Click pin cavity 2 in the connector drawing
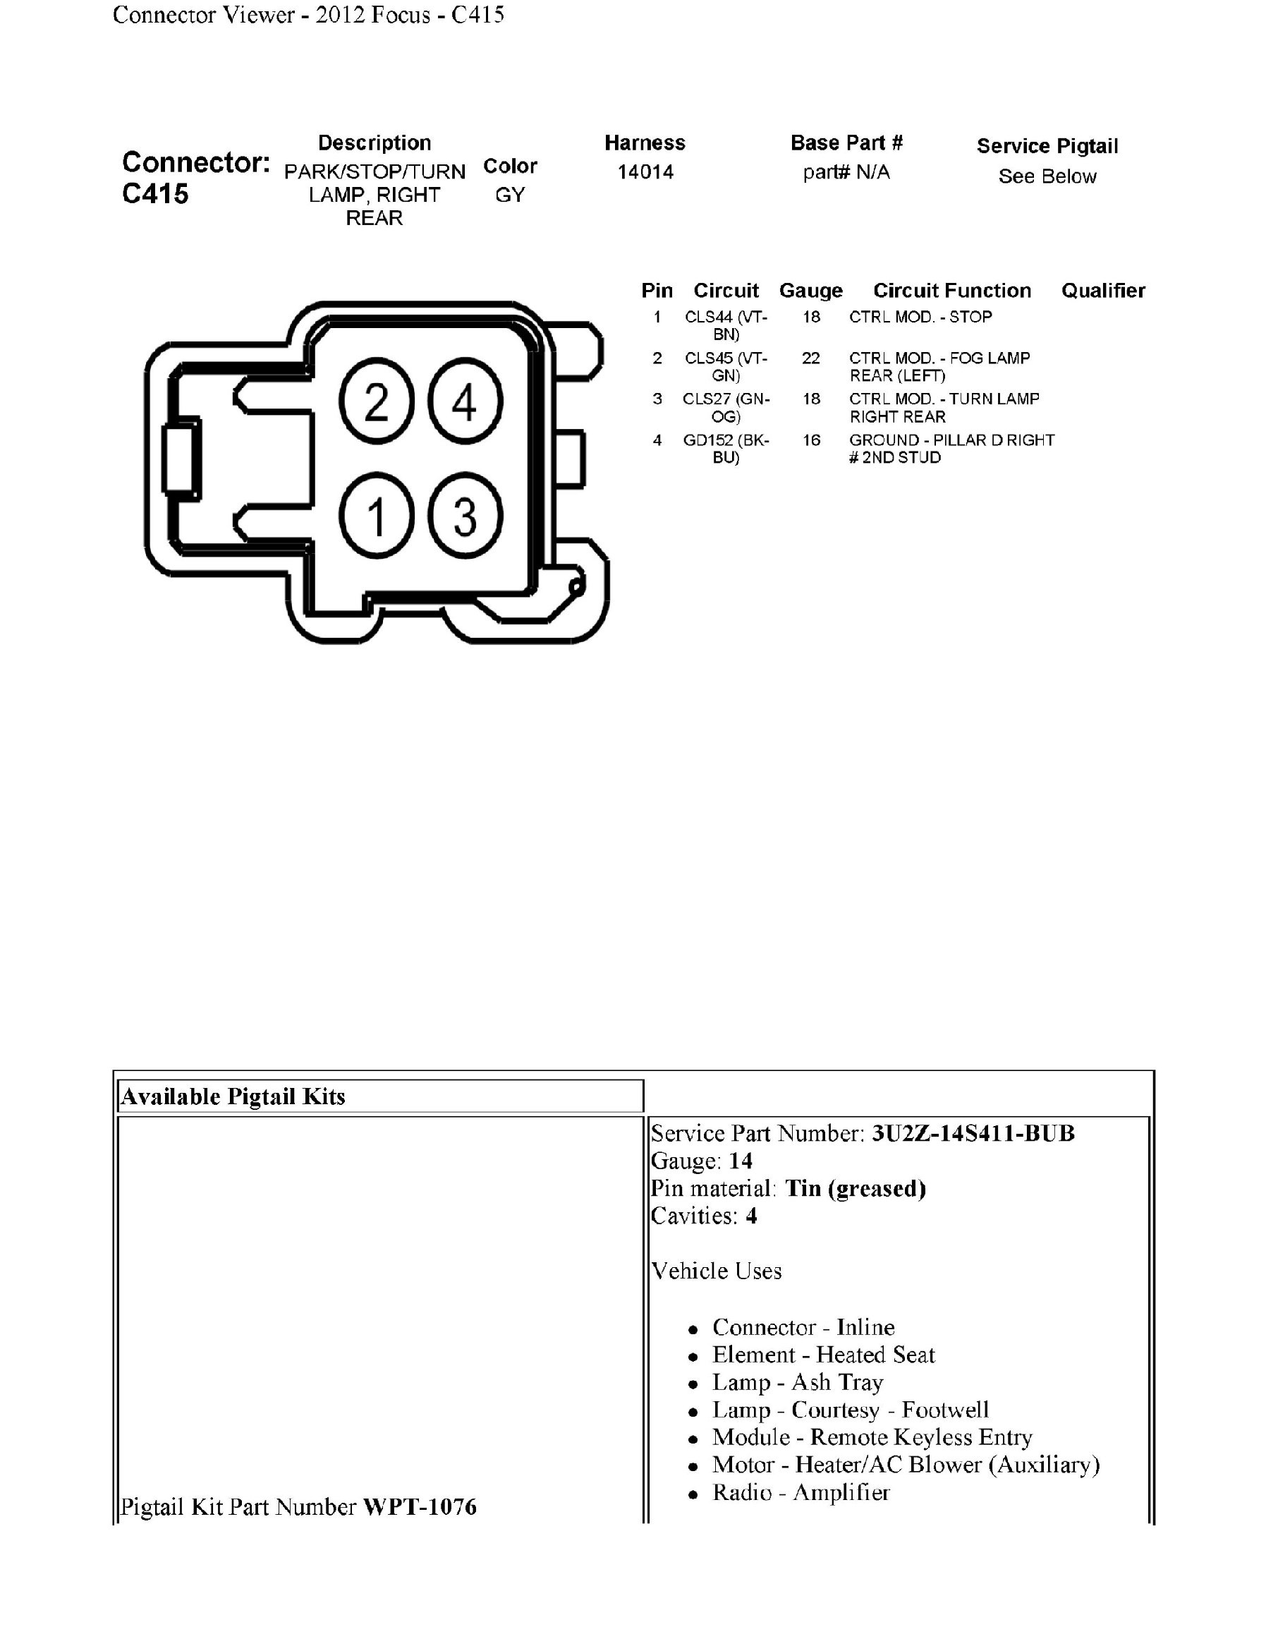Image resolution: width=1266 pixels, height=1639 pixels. [x=377, y=401]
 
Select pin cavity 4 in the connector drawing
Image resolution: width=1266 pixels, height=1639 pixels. [x=465, y=401]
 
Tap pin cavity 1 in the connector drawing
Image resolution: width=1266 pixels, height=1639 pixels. [x=377, y=516]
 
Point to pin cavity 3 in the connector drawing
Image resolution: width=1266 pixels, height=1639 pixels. [x=465, y=516]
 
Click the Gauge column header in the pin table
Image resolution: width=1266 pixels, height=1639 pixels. [x=811, y=291]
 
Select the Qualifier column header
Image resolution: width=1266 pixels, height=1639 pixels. [x=1102, y=291]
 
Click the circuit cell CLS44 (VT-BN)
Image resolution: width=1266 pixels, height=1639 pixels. [x=726, y=326]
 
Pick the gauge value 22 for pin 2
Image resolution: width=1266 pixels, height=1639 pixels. [x=811, y=358]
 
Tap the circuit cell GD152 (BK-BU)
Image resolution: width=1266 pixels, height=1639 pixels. [x=726, y=449]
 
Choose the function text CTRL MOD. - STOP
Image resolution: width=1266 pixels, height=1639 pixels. [x=920, y=317]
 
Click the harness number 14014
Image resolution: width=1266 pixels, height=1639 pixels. [x=645, y=172]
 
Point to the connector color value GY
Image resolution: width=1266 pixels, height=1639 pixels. [x=510, y=195]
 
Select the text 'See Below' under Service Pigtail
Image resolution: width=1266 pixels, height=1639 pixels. [x=1047, y=176]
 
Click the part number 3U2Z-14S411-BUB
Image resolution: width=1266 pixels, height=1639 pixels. [x=973, y=1133]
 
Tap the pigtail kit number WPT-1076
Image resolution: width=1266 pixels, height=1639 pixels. [x=419, y=1507]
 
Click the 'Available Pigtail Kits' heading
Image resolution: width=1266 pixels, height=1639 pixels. [x=233, y=1096]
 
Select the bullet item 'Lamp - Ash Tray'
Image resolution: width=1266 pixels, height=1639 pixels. [x=797, y=1382]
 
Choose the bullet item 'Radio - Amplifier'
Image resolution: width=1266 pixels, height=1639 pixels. [x=801, y=1493]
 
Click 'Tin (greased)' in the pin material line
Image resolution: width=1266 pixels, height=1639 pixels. [x=855, y=1189]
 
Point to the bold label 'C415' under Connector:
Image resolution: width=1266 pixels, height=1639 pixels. [x=155, y=193]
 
